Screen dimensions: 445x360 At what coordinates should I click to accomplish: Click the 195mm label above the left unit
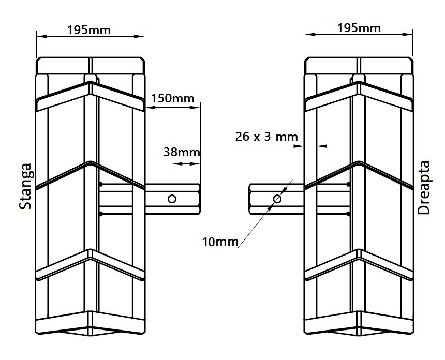(89, 30)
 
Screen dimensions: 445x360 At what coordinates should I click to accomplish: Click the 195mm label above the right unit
(359, 28)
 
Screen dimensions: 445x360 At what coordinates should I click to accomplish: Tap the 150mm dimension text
(172, 98)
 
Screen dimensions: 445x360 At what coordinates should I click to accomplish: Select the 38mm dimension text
(182, 153)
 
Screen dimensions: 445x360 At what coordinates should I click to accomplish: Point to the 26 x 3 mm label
(266, 137)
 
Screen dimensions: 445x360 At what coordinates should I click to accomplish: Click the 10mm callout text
(220, 242)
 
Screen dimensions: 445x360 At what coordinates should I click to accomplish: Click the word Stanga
(25, 186)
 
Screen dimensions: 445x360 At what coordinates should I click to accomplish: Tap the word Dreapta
(424, 188)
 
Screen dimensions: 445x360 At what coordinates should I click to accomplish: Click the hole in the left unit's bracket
(172, 199)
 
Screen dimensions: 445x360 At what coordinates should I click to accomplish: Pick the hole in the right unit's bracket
(277, 199)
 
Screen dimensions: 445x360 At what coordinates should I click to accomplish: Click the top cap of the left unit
(90, 66)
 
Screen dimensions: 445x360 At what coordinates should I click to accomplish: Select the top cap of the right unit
(359, 66)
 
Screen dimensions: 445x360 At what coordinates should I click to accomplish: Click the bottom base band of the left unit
(90, 323)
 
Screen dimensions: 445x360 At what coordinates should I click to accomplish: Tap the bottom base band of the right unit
(359, 323)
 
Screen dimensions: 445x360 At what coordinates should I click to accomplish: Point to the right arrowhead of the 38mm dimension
(196, 163)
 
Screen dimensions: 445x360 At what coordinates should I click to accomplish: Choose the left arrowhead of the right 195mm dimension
(310, 34)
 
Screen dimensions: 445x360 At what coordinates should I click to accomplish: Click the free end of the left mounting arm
(200, 199)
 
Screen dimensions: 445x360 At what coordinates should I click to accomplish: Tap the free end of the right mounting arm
(250, 199)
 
